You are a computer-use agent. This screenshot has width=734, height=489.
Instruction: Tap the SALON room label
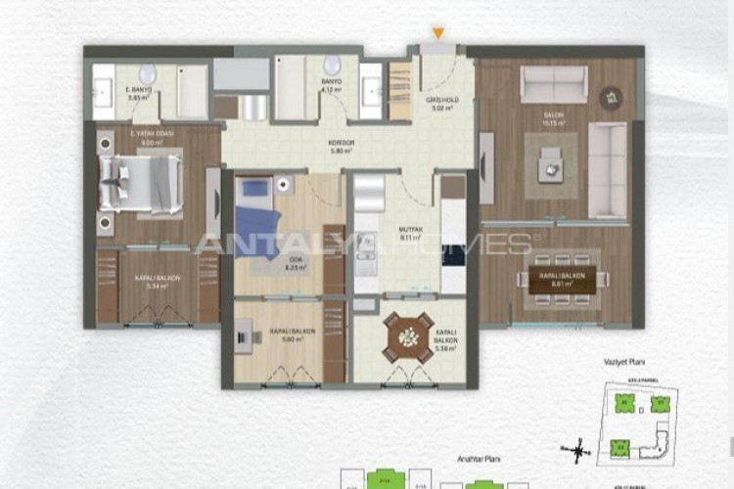(554, 114)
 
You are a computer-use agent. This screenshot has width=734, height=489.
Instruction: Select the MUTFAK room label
(409, 231)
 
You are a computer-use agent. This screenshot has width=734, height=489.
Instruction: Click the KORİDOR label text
(341, 143)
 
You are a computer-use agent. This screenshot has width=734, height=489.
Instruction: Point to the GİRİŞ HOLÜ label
(436, 101)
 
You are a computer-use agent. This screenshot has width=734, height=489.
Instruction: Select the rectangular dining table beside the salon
(562, 279)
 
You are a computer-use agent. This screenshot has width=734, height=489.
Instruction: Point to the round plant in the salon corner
(612, 97)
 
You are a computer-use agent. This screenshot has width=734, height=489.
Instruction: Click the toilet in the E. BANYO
(148, 75)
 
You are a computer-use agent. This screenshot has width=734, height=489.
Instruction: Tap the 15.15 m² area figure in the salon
(554, 123)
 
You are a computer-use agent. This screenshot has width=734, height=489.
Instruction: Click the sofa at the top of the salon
(554, 83)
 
